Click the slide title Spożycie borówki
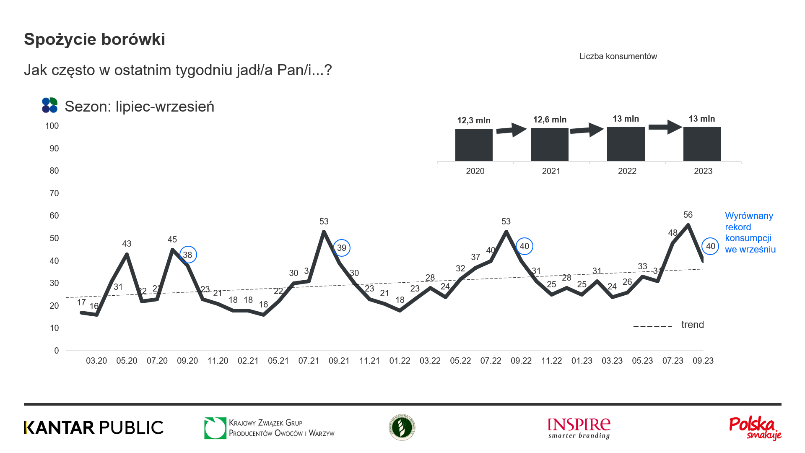point(94,39)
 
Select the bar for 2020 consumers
point(474,145)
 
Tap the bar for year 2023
point(702,144)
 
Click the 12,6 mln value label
point(550,120)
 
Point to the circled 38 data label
point(188,255)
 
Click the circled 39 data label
point(342,248)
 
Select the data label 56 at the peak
point(688,215)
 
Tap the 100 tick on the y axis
point(52,126)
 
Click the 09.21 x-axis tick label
point(339,361)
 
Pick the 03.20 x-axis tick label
point(96,361)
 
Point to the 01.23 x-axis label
point(582,361)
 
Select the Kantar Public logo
point(93,427)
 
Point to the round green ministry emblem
point(402,427)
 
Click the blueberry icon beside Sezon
point(49,105)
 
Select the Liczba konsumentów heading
point(618,56)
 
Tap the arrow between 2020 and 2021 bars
point(512,130)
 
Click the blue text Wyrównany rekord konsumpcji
point(750,232)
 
